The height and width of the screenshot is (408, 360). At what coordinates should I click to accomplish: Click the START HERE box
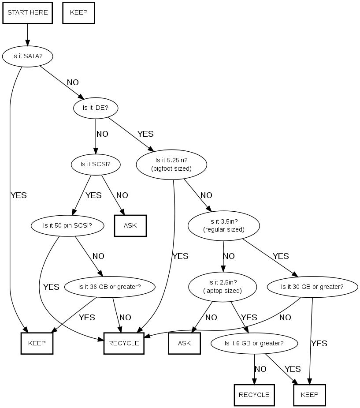[x=28, y=12]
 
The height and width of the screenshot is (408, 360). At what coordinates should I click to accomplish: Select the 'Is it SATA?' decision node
[x=27, y=56]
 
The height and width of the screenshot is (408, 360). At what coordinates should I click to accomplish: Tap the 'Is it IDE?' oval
[x=96, y=108]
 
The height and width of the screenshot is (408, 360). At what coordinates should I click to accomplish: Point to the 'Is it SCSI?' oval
[x=95, y=164]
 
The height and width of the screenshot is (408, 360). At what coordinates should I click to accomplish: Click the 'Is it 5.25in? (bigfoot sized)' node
[x=171, y=164]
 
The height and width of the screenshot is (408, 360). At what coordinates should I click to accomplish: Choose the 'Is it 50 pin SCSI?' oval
[x=67, y=225]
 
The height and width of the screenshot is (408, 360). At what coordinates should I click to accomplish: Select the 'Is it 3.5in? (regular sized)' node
[x=224, y=225]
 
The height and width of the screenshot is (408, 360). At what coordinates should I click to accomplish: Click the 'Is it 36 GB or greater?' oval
[x=110, y=287]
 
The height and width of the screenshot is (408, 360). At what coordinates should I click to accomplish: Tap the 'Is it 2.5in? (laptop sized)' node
[x=223, y=287]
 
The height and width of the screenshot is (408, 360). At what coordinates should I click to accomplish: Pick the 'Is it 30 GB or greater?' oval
[x=312, y=287]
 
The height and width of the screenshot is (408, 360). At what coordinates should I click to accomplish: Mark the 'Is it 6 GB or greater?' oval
[x=254, y=343]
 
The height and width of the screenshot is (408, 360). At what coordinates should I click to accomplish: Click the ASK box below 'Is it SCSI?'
[x=130, y=225]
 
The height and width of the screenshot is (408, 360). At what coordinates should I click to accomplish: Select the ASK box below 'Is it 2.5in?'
[x=184, y=343]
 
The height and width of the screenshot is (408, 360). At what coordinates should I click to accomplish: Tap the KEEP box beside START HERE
[x=79, y=12]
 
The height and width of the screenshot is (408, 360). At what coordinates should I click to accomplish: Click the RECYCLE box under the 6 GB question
[x=254, y=395]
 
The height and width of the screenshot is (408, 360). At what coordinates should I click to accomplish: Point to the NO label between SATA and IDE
[x=73, y=82]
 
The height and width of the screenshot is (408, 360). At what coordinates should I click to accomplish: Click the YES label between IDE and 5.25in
[x=145, y=134]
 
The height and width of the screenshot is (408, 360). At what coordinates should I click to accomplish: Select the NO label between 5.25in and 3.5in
[x=206, y=195]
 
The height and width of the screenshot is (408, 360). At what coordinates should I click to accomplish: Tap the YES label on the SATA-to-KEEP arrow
[x=19, y=195]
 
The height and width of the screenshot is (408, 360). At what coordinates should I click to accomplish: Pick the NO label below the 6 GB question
[x=260, y=369]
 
